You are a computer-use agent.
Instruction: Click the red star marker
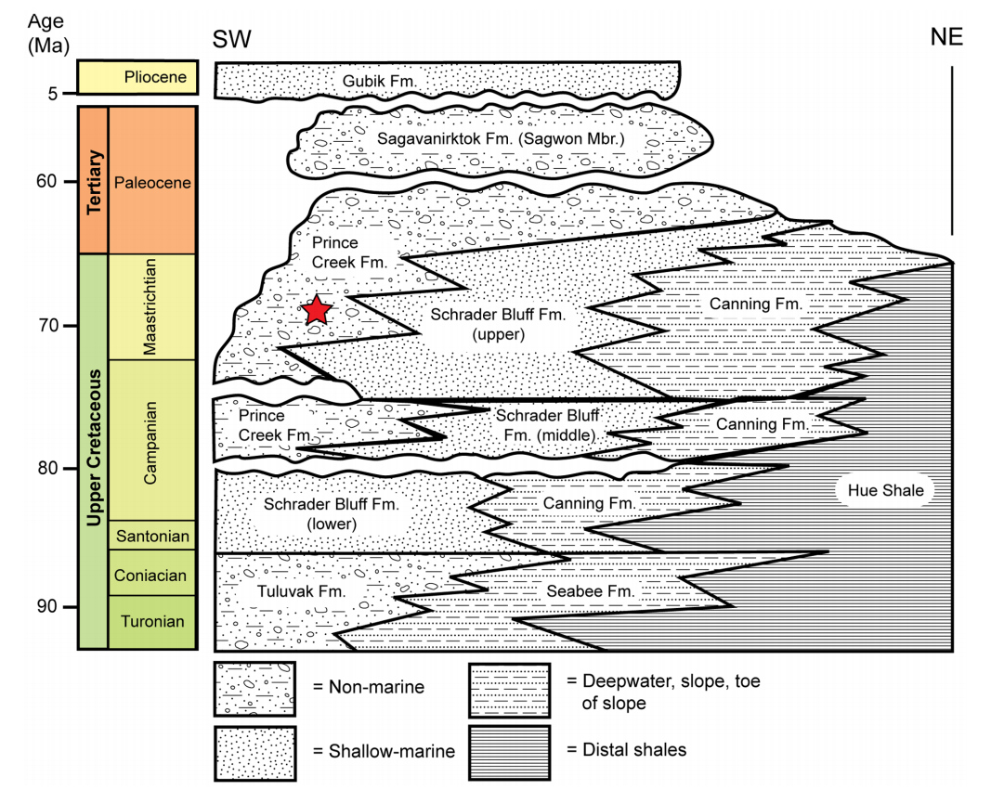(x=318, y=310)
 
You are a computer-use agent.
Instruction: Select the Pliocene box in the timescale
(x=137, y=78)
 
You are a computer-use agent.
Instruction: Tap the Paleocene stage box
(x=153, y=182)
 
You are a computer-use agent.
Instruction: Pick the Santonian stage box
(x=152, y=535)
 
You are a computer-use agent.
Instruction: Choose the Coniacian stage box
(x=152, y=575)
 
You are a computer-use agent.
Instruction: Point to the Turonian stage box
(x=152, y=621)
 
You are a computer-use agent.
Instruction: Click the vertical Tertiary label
(x=93, y=181)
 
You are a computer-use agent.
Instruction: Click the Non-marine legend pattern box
(x=254, y=689)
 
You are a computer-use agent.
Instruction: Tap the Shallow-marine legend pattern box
(x=254, y=751)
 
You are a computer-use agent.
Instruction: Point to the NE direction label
(x=946, y=38)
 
